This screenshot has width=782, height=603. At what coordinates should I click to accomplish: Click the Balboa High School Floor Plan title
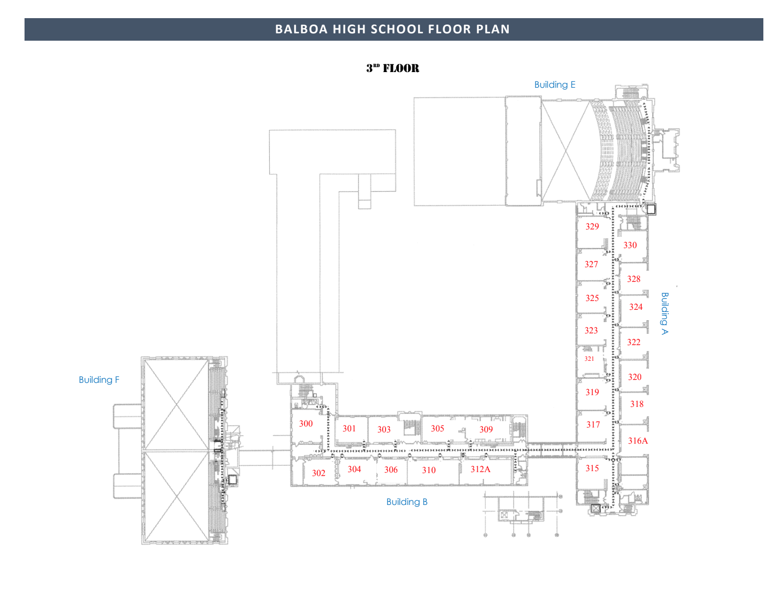point(392,29)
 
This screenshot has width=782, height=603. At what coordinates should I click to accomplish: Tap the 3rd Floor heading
point(392,69)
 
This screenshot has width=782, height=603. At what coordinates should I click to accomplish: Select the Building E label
point(554,85)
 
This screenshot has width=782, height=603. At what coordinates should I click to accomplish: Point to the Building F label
point(99,380)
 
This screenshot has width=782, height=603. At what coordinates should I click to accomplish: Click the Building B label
point(407,502)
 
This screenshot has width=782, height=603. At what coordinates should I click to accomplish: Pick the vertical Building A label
point(665,313)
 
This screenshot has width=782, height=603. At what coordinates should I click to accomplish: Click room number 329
point(592,226)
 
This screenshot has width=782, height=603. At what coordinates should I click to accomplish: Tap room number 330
point(630,245)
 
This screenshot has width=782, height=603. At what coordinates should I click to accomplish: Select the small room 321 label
point(589,359)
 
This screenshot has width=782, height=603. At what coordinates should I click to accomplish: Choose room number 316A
point(638,441)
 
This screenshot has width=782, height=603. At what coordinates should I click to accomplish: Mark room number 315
point(592,468)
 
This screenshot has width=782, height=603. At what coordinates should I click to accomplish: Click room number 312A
point(480,469)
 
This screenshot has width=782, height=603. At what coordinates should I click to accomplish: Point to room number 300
point(306,424)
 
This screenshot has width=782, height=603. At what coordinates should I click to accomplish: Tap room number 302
point(318,473)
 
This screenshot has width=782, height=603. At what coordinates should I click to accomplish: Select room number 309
point(486,429)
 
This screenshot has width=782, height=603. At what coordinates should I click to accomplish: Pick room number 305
point(437,428)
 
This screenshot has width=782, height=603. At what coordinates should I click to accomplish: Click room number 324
point(636,307)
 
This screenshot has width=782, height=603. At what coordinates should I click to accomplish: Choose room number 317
point(593,425)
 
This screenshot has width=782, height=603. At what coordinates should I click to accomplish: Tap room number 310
point(429,470)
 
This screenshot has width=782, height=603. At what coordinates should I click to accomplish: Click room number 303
point(384,429)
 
